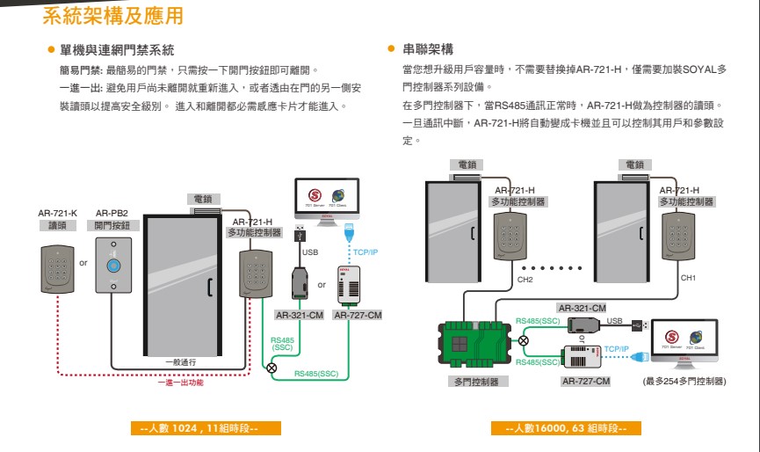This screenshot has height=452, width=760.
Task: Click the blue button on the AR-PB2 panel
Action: coord(112,265)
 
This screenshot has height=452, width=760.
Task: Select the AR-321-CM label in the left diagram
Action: coord(300,315)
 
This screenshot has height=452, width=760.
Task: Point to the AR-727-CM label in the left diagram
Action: coord(358,315)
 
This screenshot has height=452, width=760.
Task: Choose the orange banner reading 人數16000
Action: coord(566,428)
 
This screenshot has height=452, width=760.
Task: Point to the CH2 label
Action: coord(525,280)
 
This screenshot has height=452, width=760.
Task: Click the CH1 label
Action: coord(688,278)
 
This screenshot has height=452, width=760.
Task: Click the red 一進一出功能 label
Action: coord(180,383)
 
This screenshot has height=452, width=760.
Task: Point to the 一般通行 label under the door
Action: coord(180,361)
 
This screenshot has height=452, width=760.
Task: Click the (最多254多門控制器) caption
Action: coord(684,382)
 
